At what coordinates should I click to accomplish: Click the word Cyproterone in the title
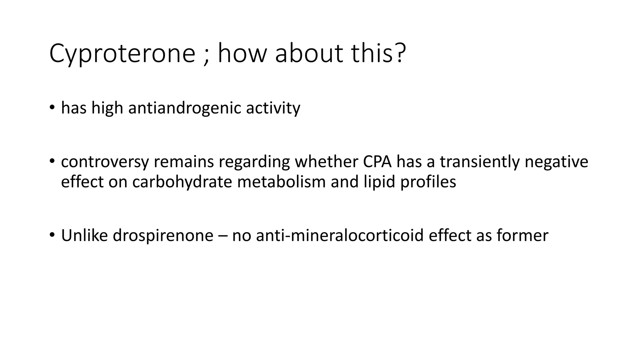[x=122, y=54]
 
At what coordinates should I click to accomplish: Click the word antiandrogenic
[x=184, y=108]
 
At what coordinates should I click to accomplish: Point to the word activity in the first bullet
[x=273, y=108]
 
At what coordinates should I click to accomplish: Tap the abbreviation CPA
[x=377, y=162]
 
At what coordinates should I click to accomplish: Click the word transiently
[x=479, y=162]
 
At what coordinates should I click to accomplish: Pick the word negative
[x=556, y=162]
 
